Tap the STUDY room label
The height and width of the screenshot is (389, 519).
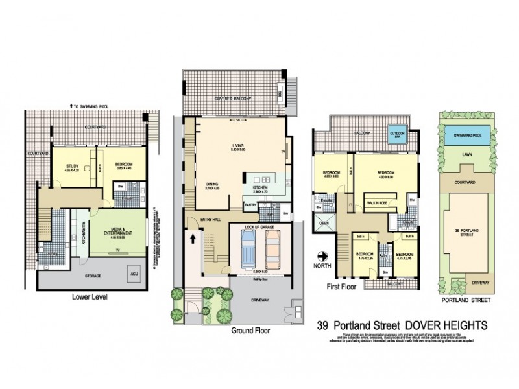pos(72,166)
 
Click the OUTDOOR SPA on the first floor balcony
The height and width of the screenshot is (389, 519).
pos(395,134)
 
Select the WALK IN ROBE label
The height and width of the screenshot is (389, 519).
pos(378,203)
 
